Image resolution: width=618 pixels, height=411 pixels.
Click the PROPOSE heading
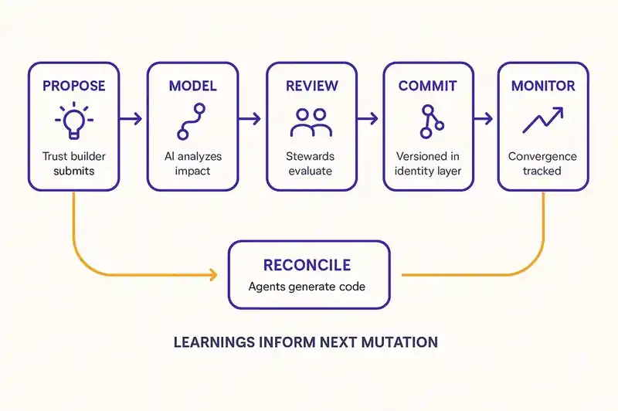point(73,86)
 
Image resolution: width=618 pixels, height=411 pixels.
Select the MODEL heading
point(192,86)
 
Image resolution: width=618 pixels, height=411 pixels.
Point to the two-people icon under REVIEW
point(311,121)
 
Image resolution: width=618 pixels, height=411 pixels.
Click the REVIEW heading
point(311,86)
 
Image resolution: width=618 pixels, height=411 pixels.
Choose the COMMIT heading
point(429,86)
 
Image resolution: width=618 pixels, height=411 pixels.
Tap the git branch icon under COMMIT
point(428,121)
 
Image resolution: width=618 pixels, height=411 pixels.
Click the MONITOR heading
point(542,86)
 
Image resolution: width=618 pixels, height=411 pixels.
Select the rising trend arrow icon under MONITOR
point(542,121)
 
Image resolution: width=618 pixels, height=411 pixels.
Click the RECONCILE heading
point(307,265)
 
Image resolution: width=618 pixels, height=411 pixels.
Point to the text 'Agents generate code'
point(307,287)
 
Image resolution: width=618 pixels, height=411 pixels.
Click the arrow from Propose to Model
point(132,118)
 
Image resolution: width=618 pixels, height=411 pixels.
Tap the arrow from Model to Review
point(250,118)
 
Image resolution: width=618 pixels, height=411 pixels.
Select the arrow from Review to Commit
point(368,118)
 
